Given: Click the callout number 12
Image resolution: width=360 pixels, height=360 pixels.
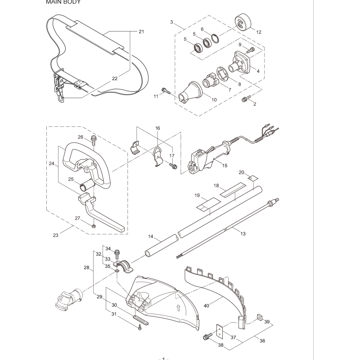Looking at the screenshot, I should click(x=258, y=32).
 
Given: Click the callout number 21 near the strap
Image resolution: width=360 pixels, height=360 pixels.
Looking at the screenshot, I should click(x=141, y=31).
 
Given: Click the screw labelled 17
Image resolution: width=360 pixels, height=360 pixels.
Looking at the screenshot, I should click(x=171, y=165).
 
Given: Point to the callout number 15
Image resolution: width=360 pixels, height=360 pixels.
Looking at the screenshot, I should click(x=225, y=166).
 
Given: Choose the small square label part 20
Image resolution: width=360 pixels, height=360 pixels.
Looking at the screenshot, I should click(x=254, y=177).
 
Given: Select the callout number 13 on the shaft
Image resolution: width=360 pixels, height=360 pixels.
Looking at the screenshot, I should click(x=243, y=234).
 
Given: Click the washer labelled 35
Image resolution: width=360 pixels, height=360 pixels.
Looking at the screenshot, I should click(x=117, y=271).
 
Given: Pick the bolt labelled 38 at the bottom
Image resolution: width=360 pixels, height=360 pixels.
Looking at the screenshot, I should click(x=208, y=336).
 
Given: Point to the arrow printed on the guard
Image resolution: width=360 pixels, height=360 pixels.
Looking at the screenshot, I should click(x=179, y=309).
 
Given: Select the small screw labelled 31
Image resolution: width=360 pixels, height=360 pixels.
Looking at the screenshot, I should click(x=140, y=328).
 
